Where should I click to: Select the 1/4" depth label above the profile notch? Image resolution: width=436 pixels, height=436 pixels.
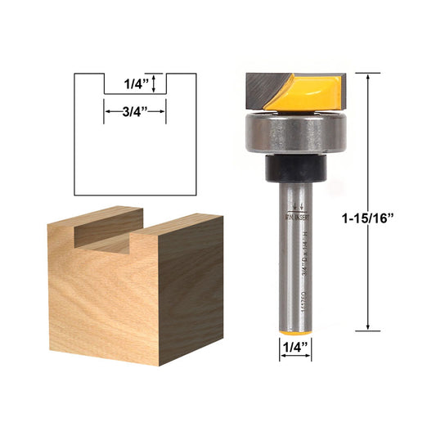point(135,83)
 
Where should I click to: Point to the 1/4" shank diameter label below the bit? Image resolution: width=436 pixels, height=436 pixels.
point(296,347)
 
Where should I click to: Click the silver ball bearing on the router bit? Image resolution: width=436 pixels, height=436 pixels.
point(296,133)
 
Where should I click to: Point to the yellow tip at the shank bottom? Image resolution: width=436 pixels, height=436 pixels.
point(296,327)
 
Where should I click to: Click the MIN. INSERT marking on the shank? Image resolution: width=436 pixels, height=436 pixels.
point(296,218)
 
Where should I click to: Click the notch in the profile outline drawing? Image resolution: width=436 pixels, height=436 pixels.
point(134,84)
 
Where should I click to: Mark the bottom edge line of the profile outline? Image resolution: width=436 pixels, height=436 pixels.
point(135,196)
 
